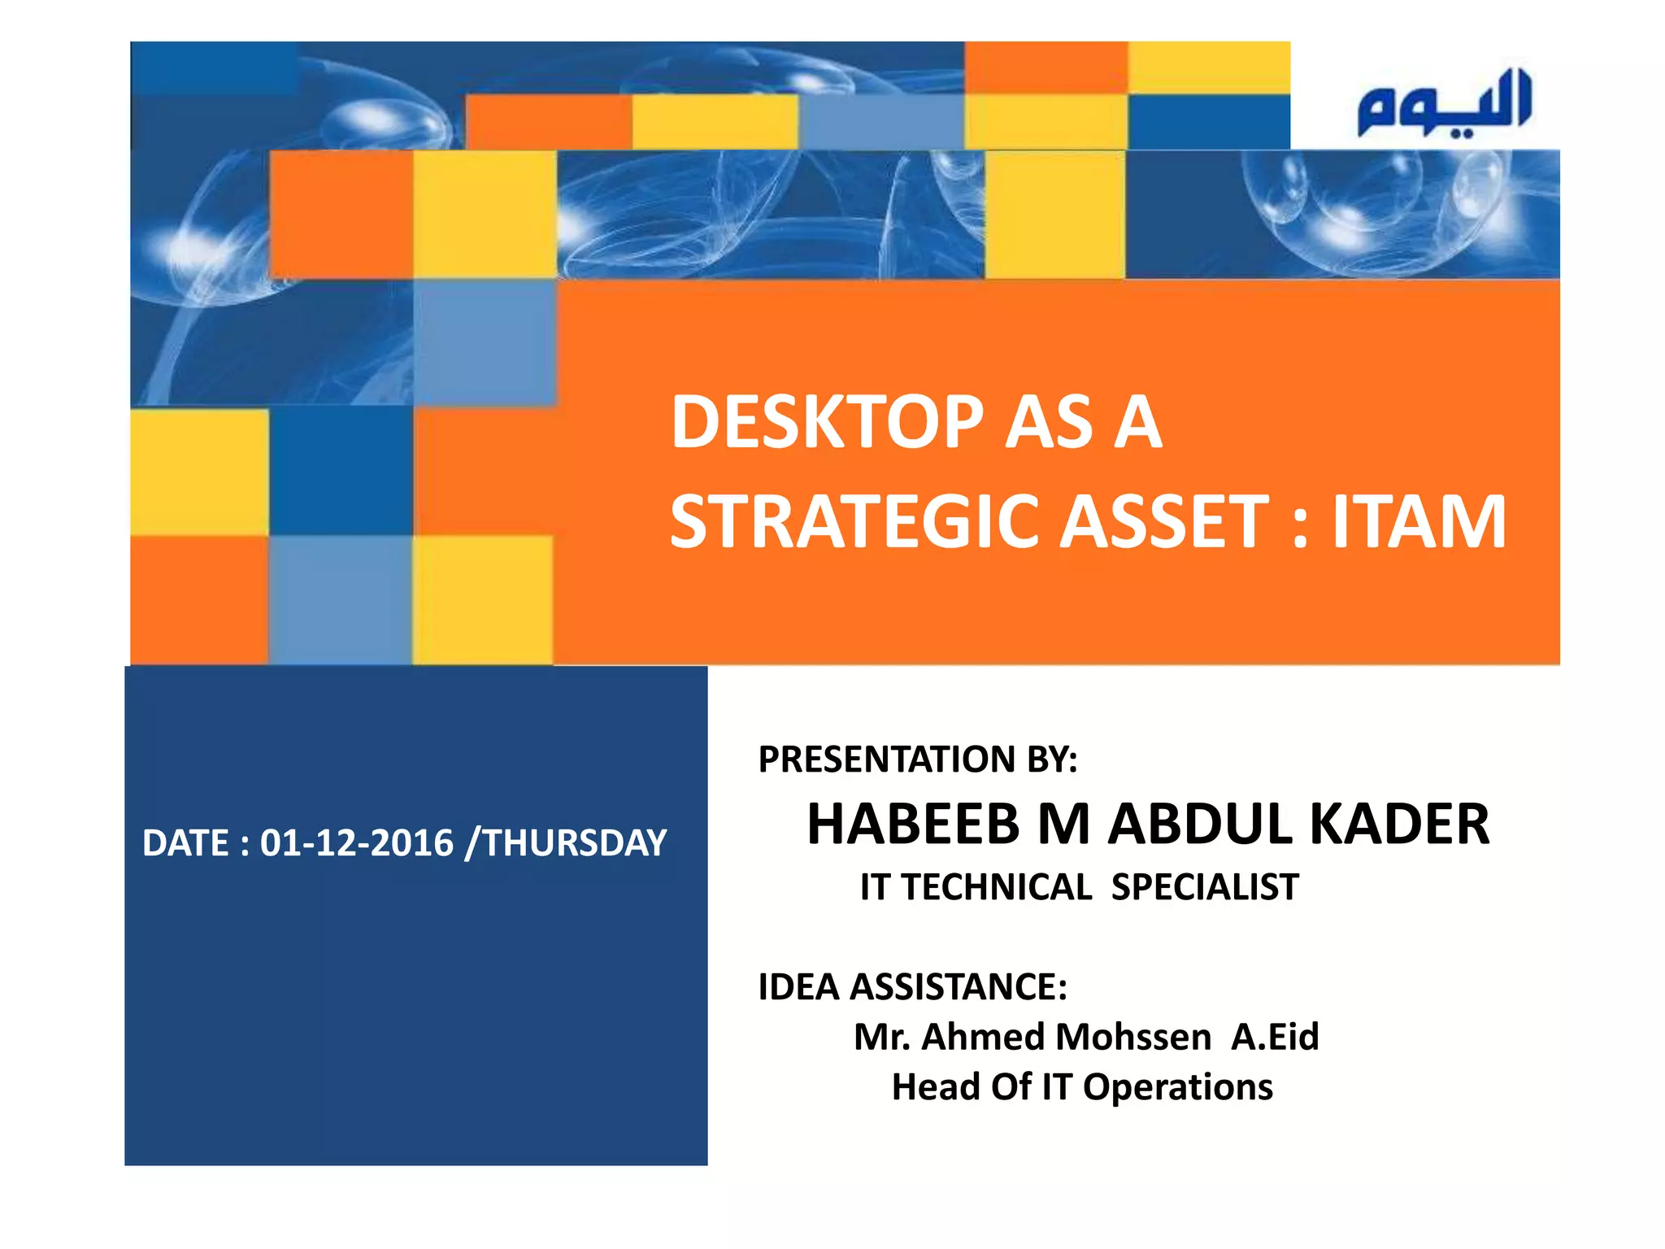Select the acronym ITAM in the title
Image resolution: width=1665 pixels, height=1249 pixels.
pos(1419,522)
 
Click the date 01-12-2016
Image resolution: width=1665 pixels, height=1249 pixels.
pos(356,843)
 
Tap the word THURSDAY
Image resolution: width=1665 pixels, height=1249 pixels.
pos(576,843)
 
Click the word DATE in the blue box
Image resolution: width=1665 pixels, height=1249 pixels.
pos(185,843)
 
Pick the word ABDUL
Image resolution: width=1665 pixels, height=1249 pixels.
pos(1202,825)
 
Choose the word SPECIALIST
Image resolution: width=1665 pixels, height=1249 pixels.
pos(1205,887)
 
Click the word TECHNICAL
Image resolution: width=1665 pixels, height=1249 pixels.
pos(997,887)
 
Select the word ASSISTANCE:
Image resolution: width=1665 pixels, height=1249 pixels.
pos(959,987)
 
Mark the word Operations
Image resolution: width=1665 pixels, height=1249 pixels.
pos(1177,1087)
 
